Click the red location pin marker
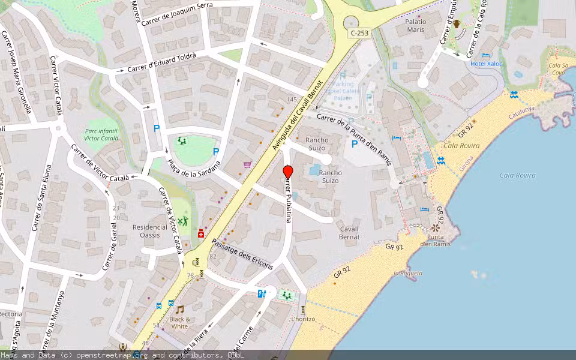288,172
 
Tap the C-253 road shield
359,33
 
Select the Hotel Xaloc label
487,63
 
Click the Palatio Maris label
416,25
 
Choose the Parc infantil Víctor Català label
101,134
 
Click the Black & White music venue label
179,323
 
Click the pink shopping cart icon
247,164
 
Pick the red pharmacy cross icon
200,234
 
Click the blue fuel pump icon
260,293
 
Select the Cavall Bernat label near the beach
350,233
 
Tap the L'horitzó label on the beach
302,319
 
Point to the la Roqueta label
408,273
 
